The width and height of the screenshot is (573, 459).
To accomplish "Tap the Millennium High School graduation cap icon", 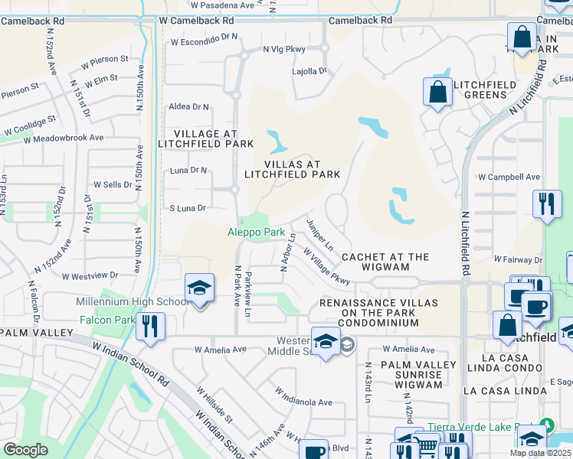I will [199, 288].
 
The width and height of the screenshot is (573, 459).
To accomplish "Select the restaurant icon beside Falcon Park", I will [149, 327].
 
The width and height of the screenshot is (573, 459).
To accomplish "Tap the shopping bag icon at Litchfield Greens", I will [437, 92].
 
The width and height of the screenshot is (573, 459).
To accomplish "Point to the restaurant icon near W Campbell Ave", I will [546, 203].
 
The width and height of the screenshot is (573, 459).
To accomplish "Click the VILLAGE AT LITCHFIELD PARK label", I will [205, 138].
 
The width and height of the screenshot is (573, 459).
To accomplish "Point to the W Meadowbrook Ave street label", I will [63, 138].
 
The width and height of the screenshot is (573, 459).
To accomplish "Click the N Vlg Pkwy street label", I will [283, 50].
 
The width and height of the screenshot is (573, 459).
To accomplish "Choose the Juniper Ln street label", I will [319, 235].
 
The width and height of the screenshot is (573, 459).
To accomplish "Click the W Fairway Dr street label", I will [518, 260].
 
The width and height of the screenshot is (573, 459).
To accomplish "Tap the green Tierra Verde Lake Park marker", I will [546, 425].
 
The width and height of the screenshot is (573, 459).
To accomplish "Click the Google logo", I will [25, 450].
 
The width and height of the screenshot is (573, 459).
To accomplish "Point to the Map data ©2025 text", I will [541, 453].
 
